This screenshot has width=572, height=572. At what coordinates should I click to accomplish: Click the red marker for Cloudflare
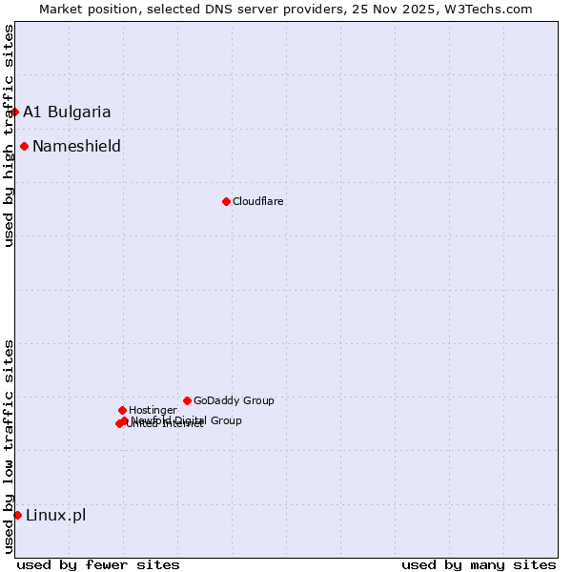click(226, 201)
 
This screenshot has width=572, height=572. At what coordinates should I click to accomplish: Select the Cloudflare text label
click(258, 201)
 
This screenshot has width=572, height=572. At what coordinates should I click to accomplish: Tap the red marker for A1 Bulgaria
click(14, 112)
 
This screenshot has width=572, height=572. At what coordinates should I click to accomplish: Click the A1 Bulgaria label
click(67, 112)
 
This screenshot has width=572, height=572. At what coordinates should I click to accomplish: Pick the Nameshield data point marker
click(24, 146)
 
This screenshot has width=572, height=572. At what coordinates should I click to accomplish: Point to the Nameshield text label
click(76, 146)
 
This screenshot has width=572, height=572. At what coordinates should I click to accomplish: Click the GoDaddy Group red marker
click(187, 400)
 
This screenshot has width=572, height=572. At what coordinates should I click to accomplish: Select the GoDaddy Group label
click(234, 400)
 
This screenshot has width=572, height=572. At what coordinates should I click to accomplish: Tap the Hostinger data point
click(122, 410)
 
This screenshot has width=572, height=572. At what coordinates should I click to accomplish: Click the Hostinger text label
click(153, 410)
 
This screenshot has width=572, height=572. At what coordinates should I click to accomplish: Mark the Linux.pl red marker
click(17, 515)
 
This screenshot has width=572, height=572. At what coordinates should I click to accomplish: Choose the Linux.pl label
click(55, 515)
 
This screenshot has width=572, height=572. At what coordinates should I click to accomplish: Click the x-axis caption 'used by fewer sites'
click(98, 564)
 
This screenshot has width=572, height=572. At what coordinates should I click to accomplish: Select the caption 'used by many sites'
click(479, 564)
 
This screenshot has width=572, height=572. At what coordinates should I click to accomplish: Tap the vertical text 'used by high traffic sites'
click(9, 135)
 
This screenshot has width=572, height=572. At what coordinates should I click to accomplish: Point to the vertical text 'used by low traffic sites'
click(9, 445)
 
